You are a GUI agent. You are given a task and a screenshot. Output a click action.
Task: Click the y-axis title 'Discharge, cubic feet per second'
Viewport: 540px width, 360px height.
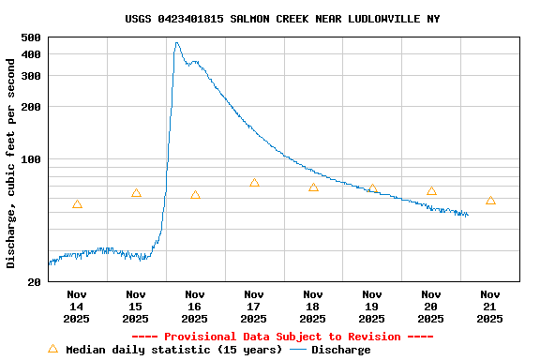11,162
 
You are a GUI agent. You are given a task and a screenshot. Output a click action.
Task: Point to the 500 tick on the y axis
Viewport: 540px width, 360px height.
31,37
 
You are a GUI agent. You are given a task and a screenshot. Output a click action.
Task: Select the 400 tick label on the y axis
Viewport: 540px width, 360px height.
31,54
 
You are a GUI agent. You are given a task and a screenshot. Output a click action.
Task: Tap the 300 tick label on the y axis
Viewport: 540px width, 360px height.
31,76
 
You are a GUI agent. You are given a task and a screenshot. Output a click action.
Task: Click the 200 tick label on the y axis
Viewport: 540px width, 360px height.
31,107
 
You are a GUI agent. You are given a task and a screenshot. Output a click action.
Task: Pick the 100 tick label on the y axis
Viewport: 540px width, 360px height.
31,159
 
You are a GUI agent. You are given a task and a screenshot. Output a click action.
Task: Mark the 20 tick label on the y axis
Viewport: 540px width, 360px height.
35,282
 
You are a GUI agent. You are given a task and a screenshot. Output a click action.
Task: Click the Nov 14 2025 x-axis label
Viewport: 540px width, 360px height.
77,306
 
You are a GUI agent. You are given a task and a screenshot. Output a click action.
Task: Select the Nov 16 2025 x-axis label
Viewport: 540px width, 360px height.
195,306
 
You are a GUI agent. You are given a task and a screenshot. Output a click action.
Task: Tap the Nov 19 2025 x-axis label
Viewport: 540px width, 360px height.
372,306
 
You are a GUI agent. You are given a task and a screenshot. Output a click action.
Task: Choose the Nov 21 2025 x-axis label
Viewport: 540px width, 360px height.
490,306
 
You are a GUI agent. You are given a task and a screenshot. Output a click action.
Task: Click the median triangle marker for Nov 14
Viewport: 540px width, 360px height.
77,204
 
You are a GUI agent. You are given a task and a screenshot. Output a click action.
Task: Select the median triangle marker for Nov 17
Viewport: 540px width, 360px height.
254,183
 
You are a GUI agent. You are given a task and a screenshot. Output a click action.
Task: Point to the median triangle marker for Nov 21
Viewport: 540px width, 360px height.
490,201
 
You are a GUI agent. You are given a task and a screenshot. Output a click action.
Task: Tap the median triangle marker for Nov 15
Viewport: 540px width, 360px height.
136,193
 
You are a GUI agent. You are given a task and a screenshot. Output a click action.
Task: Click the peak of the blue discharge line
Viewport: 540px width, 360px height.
176,43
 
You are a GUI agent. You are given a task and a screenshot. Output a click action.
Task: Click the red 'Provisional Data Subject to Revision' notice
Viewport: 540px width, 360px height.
282,337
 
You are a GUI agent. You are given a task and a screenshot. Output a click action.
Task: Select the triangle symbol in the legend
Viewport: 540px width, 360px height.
52,349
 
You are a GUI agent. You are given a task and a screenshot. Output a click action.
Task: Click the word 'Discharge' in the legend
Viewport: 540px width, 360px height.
341,350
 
